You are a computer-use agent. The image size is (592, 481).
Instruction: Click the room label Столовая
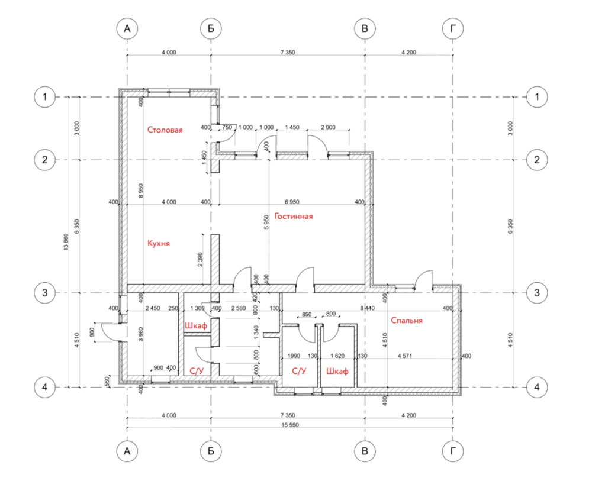(165, 130)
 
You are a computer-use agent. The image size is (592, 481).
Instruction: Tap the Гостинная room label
(294, 216)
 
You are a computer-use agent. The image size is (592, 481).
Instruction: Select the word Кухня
(159, 243)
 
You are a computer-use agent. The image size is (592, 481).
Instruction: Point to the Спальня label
(407, 320)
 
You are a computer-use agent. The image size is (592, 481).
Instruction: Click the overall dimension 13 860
(67, 242)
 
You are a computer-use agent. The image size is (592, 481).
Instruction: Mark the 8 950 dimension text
(141, 191)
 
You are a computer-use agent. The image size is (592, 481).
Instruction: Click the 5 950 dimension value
(266, 222)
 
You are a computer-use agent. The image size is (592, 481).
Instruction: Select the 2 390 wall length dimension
(200, 260)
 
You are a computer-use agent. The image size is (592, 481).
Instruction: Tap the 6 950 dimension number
(292, 202)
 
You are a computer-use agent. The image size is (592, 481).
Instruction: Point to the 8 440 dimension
(368, 308)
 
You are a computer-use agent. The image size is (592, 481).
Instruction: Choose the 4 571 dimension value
(405, 356)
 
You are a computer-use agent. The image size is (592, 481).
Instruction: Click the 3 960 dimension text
(141, 334)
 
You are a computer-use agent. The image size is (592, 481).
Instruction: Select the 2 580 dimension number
(238, 308)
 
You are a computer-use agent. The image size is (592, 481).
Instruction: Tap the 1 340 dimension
(256, 332)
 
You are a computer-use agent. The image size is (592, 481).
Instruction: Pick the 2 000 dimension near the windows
(328, 127)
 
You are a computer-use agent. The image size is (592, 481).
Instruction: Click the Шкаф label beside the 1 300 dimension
(196, 325)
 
